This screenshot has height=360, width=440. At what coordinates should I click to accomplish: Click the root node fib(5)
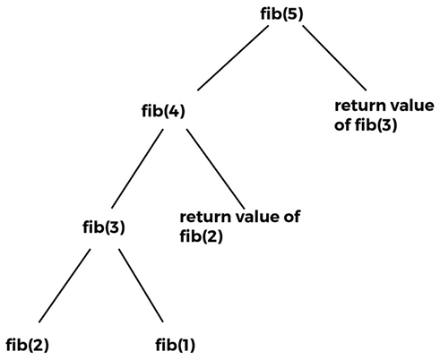click(x=281, y=14)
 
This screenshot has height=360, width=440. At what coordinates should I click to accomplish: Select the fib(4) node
click(x=163, y=111)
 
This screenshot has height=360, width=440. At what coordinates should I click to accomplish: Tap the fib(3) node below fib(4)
click(x=104, y=227)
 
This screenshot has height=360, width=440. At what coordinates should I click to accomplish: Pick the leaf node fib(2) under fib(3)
click(x=27, y=345)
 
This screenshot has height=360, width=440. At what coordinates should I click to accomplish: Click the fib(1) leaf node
click(x=176, y=345)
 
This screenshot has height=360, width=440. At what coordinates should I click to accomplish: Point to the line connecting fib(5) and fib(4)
click(x=233, y=57)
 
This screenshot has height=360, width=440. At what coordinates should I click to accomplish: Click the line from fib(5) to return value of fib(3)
click(x=334, y=57)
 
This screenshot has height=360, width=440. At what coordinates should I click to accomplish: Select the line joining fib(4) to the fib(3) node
click(x=137, y=168)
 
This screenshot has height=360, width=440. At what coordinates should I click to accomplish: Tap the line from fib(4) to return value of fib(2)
click(x=216, y=169)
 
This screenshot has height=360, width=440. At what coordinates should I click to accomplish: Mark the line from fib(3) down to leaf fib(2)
click(x=65, y=286)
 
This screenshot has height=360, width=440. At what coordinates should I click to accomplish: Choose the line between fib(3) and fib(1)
click(x=141, y=286)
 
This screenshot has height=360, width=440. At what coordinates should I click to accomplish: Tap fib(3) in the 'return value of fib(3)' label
click(x=376, y=124)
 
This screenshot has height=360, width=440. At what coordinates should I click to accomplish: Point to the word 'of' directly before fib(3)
click(x=342, y=124)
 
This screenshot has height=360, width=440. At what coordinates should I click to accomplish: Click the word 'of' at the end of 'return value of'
click(x=292, y=217)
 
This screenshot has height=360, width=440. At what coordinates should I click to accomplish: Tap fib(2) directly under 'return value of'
click(x=202, y=236)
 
